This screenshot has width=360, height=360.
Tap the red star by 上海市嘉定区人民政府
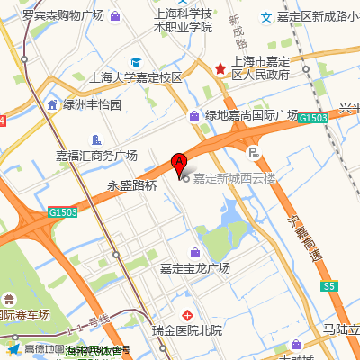[x=220, y=68]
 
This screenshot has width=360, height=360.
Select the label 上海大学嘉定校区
[x=136, y=77]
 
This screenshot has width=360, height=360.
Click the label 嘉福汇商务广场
[x=96, y=156]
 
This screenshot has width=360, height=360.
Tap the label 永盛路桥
[x=132, y=186]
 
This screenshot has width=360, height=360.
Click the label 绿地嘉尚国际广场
[x=251, y=115]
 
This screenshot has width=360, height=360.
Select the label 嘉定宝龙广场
[x=195, y=268]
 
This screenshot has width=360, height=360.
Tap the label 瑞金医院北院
[x=186, y=330]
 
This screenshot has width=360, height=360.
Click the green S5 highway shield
[x=329, y=285]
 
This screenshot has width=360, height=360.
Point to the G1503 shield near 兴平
[x=312, y=118]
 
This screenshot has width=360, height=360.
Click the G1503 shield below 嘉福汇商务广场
[x=63, y=212]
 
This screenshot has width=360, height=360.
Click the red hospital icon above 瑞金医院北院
[x=187, y=315]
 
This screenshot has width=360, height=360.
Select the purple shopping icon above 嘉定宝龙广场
[x=195, y=253]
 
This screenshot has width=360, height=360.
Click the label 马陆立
[x=341, y=330]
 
